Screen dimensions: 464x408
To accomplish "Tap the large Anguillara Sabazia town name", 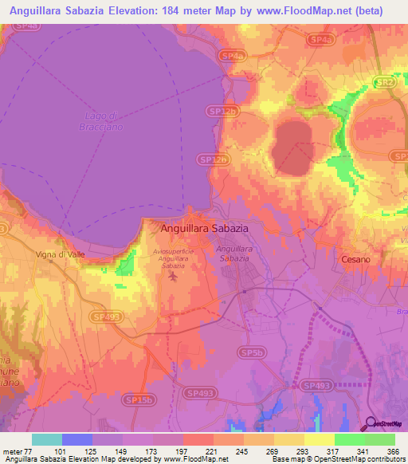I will pos(205,227).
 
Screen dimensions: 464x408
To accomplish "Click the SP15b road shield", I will pos(140,399).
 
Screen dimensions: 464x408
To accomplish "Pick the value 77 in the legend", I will pos(30,450).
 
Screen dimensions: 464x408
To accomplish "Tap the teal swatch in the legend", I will pos(46,439).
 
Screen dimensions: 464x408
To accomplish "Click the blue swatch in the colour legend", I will pos(76,439).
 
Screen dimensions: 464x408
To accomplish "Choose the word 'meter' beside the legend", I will pos(13,450).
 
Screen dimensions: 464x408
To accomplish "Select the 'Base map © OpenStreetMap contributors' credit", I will pos(335,459).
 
